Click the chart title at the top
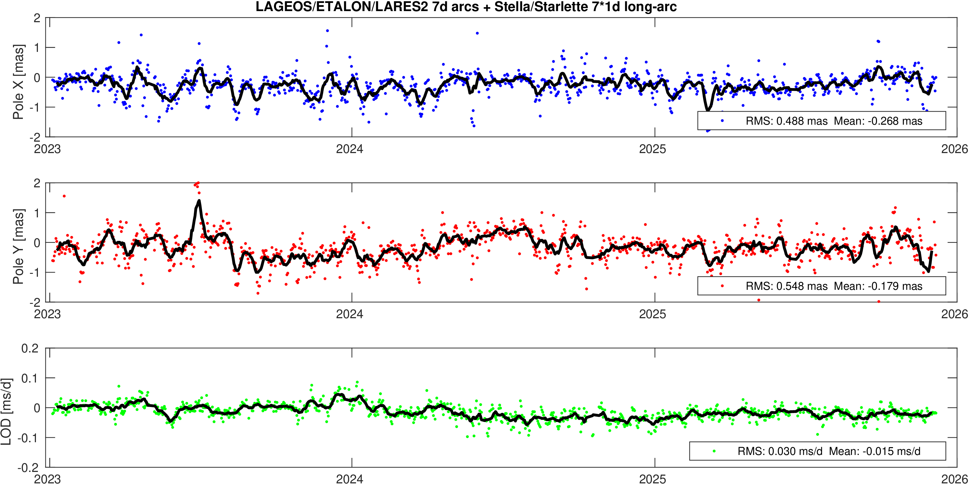(x=466, y=7)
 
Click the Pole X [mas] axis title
(x=18, y=82)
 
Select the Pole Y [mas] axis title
(x=18, y=246)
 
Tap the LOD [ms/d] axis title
(x=6, y=411)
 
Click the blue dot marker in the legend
(x=722, y=121)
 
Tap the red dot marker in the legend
(x=722, y=286)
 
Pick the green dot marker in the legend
(x=714, y=451)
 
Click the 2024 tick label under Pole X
(x=349, y=149)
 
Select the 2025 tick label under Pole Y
(x=652, y=314)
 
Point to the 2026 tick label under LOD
(x=954, y=479)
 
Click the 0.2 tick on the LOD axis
(x=30, y=349)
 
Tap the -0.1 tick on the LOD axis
(x=28, y=438)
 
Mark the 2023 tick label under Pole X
(x=47, y=149)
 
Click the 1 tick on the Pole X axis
(x=37, y=48)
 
